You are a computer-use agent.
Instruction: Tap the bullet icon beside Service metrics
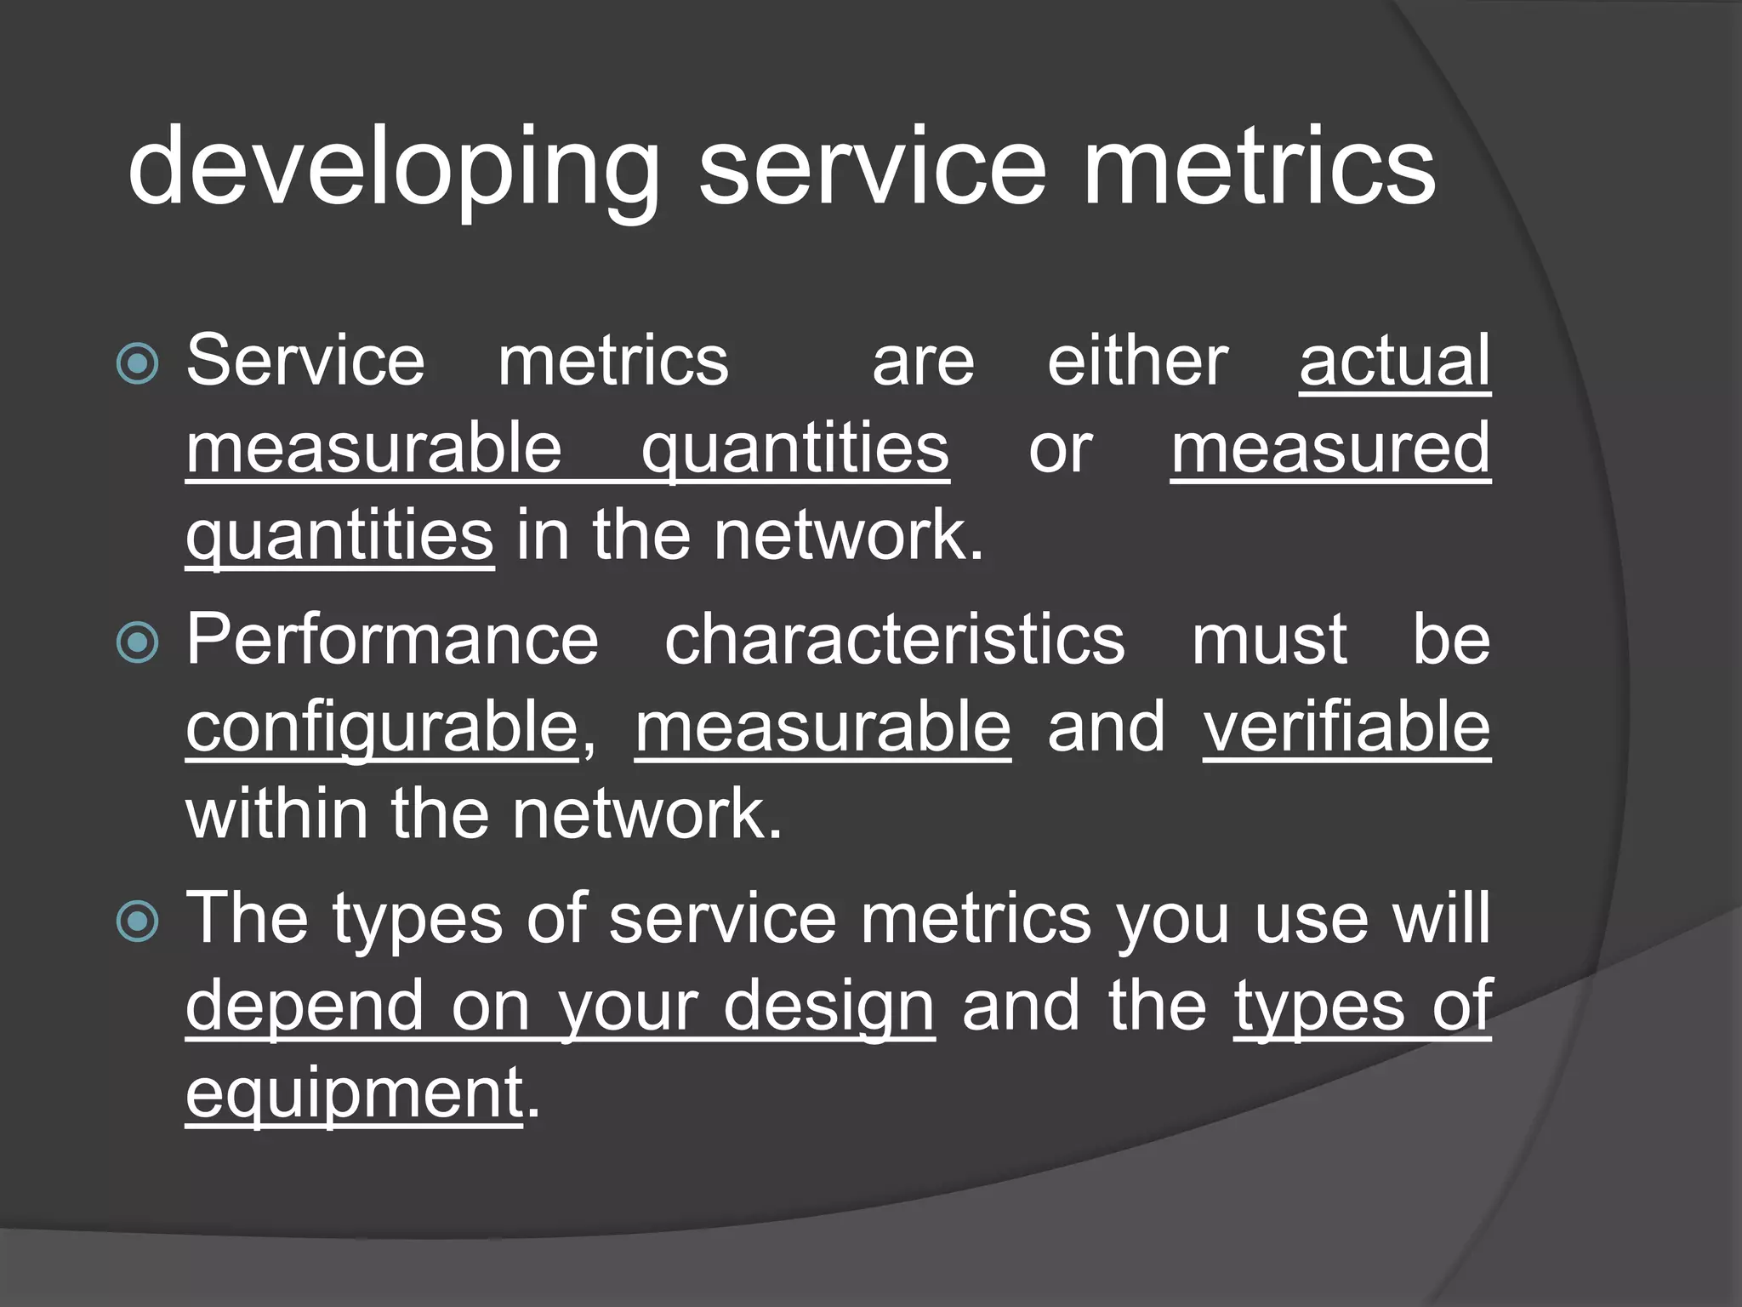coord(138,364)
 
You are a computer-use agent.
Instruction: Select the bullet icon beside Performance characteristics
coord(138,642)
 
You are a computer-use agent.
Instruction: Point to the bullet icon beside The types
coord(138,922)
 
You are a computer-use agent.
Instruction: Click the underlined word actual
coord(1395,362)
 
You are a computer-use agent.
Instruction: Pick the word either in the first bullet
coord(1137,362)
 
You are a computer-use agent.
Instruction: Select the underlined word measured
coord(1330,448)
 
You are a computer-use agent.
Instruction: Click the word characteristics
coord(894,640)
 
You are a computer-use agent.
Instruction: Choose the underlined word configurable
coord(382,728)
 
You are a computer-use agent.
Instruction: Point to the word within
coord(277,813)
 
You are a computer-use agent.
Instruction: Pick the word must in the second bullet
coord(1268,640)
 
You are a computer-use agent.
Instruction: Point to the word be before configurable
coord(1451,640)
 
